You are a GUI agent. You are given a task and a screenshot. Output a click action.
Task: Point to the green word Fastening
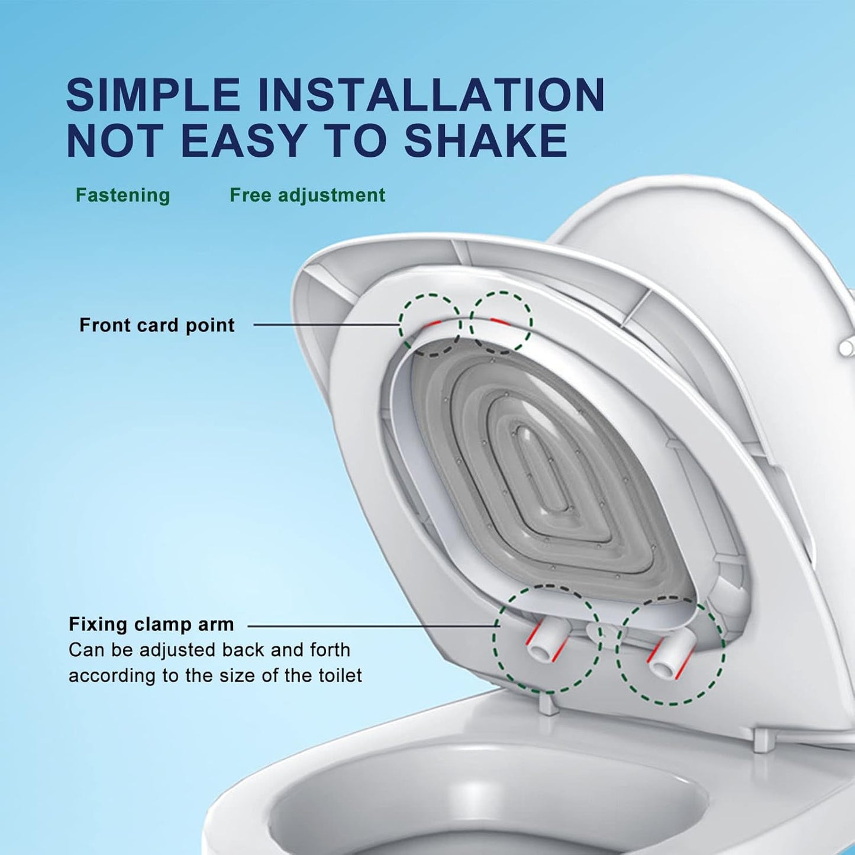[122, 195]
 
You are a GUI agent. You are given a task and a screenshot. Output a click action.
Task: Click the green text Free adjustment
[307, 195]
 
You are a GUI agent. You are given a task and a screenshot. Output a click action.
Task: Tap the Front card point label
[157, 325]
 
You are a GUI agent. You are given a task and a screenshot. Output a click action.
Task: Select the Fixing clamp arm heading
[151, 624]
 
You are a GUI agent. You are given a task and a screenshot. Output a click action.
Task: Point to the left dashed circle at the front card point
[430, 324]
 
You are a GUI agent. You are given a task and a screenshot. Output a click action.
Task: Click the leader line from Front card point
[325, 325]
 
